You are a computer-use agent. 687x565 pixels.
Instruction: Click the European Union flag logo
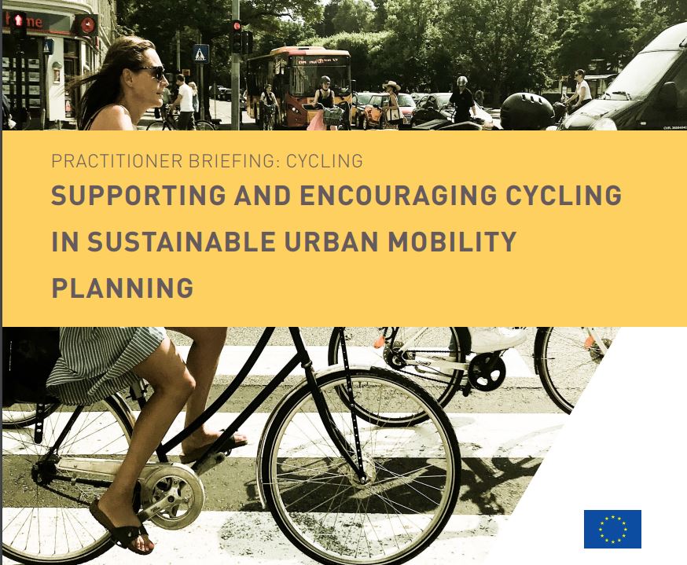612,529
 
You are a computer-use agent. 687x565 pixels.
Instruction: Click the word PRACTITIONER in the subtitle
117,161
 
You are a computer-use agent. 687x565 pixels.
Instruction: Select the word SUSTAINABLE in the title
182,241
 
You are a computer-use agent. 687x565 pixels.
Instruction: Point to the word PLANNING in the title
123,288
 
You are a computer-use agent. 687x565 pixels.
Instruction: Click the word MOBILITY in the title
452,241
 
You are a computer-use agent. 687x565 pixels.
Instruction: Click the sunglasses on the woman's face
151,72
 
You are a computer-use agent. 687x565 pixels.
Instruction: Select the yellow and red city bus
299,86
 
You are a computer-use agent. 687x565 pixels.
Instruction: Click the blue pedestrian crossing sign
200,53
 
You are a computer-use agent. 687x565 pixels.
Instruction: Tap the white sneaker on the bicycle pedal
498,338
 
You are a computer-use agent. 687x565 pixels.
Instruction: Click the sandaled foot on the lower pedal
122,526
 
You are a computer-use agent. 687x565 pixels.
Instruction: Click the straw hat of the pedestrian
391,85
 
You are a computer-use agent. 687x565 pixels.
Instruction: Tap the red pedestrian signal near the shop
18,20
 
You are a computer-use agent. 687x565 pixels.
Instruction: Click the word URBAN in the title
332,241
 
